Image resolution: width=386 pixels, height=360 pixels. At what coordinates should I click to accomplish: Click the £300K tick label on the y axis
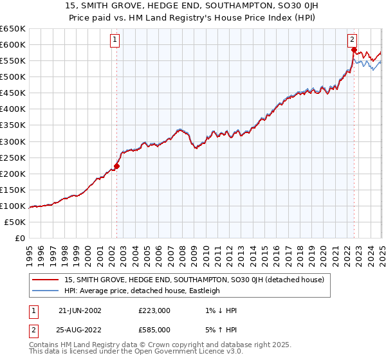click(12, 141)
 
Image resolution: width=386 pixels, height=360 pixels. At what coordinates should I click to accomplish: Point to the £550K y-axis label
click(12, 60)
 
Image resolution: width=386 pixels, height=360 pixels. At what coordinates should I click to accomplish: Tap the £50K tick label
click(15, 222)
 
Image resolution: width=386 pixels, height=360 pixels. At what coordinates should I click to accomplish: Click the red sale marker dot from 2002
click(116, 166)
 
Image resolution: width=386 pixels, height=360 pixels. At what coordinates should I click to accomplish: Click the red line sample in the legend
click(46, 280)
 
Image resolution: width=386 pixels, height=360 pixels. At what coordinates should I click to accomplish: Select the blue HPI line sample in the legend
click(46, 291)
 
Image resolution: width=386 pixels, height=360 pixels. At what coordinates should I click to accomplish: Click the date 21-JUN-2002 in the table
click(80, 310)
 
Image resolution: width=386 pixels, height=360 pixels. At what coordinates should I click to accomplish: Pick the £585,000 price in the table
click(154, 330)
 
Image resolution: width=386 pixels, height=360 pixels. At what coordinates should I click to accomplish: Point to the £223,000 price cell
click(154, 310)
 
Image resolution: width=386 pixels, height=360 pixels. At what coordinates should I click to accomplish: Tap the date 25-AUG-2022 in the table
click(80, 330)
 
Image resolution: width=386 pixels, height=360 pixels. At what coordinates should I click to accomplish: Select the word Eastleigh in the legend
click(203, 291)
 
